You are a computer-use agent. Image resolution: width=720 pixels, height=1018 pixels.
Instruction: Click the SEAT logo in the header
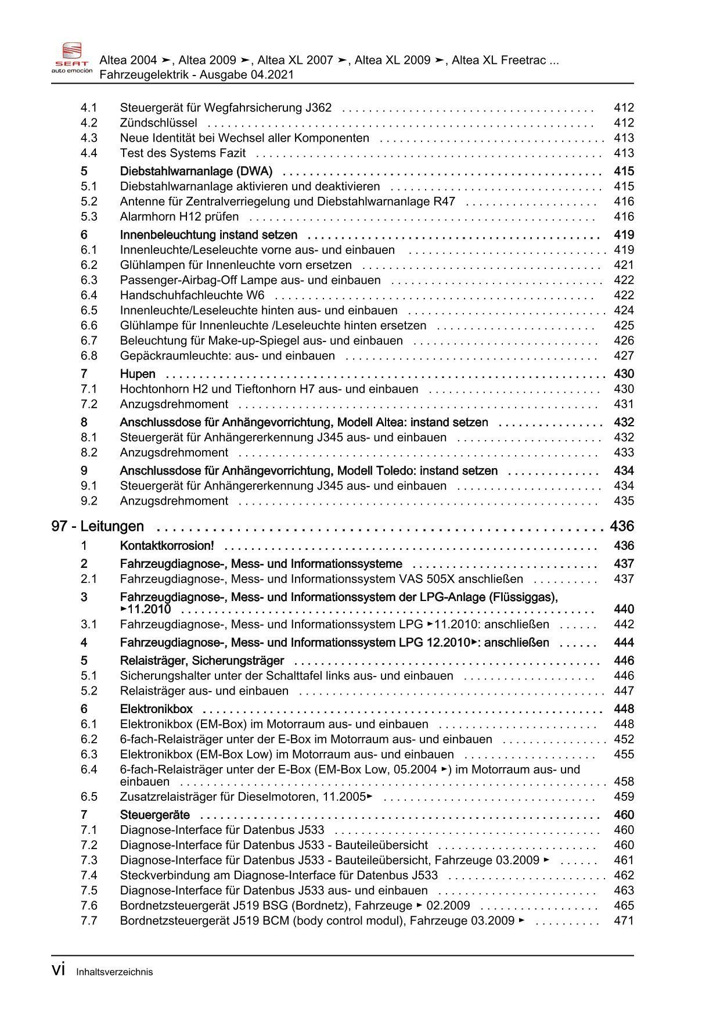[x=71, y=57]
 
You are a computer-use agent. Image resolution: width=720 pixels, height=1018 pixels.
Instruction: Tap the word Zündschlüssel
[x=159, y=123]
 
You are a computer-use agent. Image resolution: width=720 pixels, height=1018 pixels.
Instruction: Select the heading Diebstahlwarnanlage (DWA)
[x=196, y=171]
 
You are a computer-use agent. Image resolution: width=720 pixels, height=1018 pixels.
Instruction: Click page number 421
[x=624, y=265]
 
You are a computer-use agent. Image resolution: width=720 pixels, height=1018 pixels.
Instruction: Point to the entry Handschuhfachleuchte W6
[x=192, y=296]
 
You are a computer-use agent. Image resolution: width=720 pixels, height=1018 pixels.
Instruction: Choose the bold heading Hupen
[x=138, y=374]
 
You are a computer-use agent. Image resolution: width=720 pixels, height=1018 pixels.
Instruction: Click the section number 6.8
[x=89, y=356]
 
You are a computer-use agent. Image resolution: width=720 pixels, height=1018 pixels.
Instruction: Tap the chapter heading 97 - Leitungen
[x=98, y=527]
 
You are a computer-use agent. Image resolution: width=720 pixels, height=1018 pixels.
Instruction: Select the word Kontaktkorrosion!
[x=167, y=546]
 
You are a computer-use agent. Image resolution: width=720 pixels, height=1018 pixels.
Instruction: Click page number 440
[x=624, y=609]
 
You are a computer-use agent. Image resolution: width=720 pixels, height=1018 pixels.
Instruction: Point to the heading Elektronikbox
[x=156, y=709]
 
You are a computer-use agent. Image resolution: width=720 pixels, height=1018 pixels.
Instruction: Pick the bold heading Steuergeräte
[x=155, y=815]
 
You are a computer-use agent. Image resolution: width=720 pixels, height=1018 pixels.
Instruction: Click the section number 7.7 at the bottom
[x=89, y=921]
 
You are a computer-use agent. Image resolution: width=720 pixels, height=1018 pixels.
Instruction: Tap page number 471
[x=624, y=921]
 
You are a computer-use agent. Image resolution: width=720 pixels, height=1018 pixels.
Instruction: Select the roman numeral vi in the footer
[x=57, y=970]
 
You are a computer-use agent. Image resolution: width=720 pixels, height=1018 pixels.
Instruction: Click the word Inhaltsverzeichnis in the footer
[x=114, y=972]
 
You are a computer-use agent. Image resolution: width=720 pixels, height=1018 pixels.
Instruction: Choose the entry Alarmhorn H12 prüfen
[x=179, y=217]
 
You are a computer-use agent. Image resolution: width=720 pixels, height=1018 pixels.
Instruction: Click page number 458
[x=624, y=782]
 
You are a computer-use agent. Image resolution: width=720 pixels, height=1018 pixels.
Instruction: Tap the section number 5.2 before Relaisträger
[x=89, y=691]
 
